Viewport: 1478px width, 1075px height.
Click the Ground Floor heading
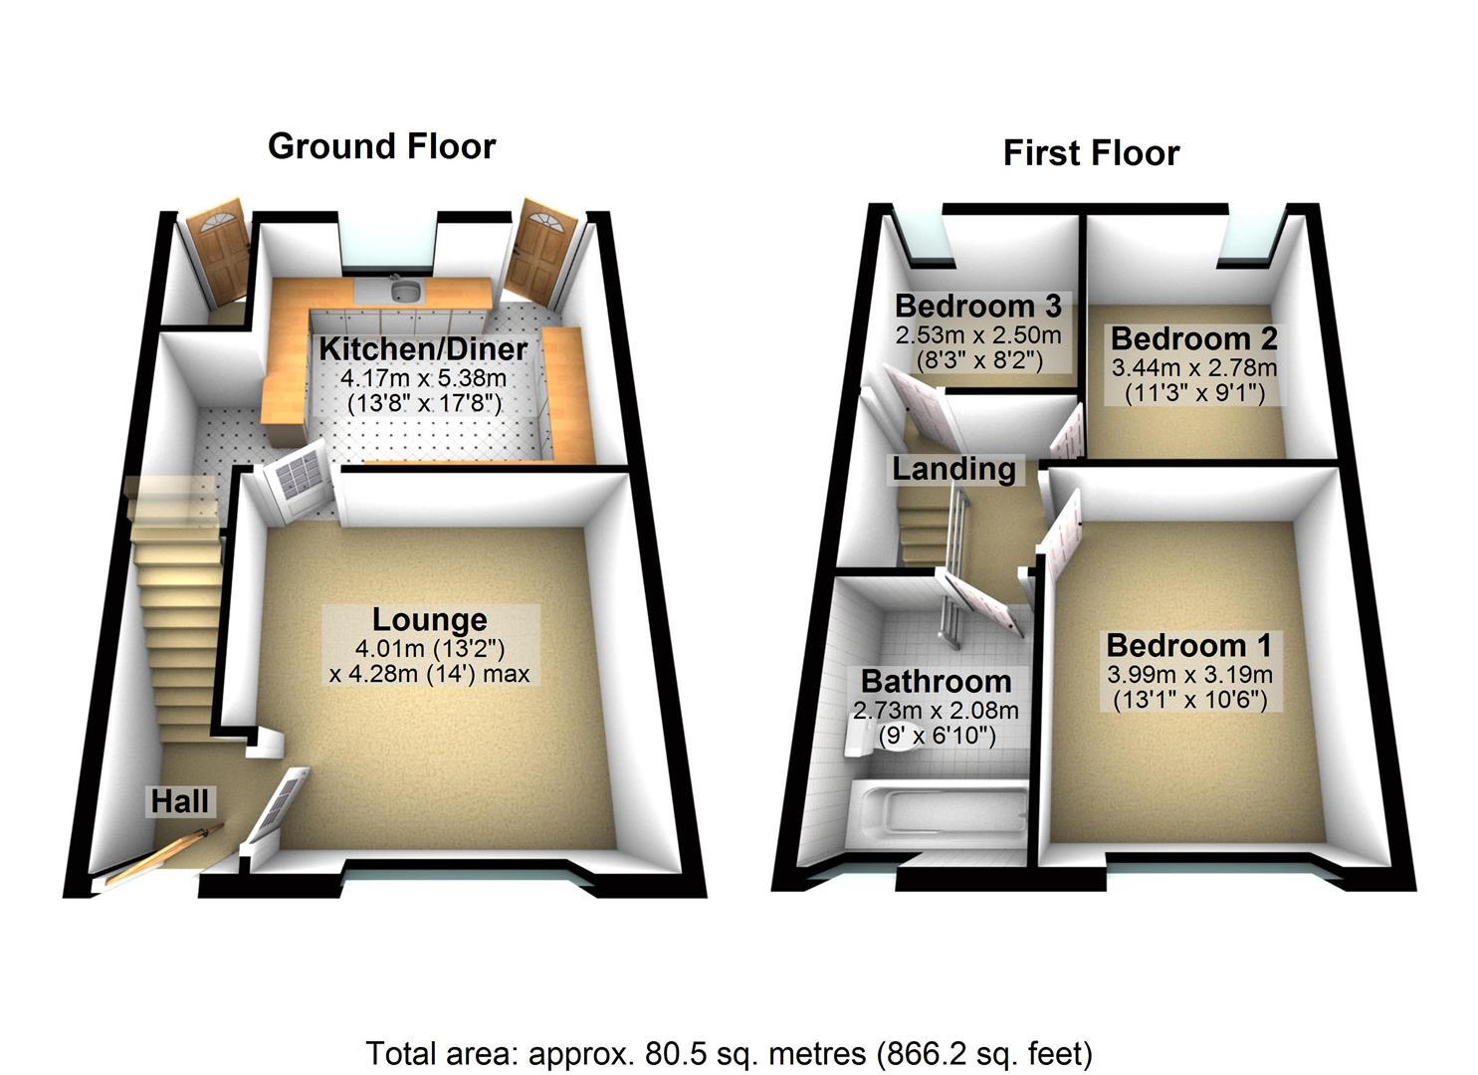tap(381, 146)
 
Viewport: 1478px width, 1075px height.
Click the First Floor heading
tap(1091, 153)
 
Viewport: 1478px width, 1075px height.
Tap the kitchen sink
tap(404, 290)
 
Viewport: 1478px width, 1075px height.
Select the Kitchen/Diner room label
tap(422, 349)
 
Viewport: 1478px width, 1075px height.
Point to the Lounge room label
tap(430, 619)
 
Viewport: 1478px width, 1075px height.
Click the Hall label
tap(180, 800)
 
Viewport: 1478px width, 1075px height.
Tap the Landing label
tap(953, 469)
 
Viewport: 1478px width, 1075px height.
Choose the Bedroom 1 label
tap(1189, 646)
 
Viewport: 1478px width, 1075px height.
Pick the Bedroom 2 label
tap(1193, 338)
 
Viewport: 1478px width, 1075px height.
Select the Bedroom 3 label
tap(977, 305)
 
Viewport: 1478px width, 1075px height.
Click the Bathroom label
tap(936, 682)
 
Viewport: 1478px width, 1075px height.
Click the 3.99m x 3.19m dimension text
tap(1189, 675)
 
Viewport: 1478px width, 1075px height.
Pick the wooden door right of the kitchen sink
tap(537, 250)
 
